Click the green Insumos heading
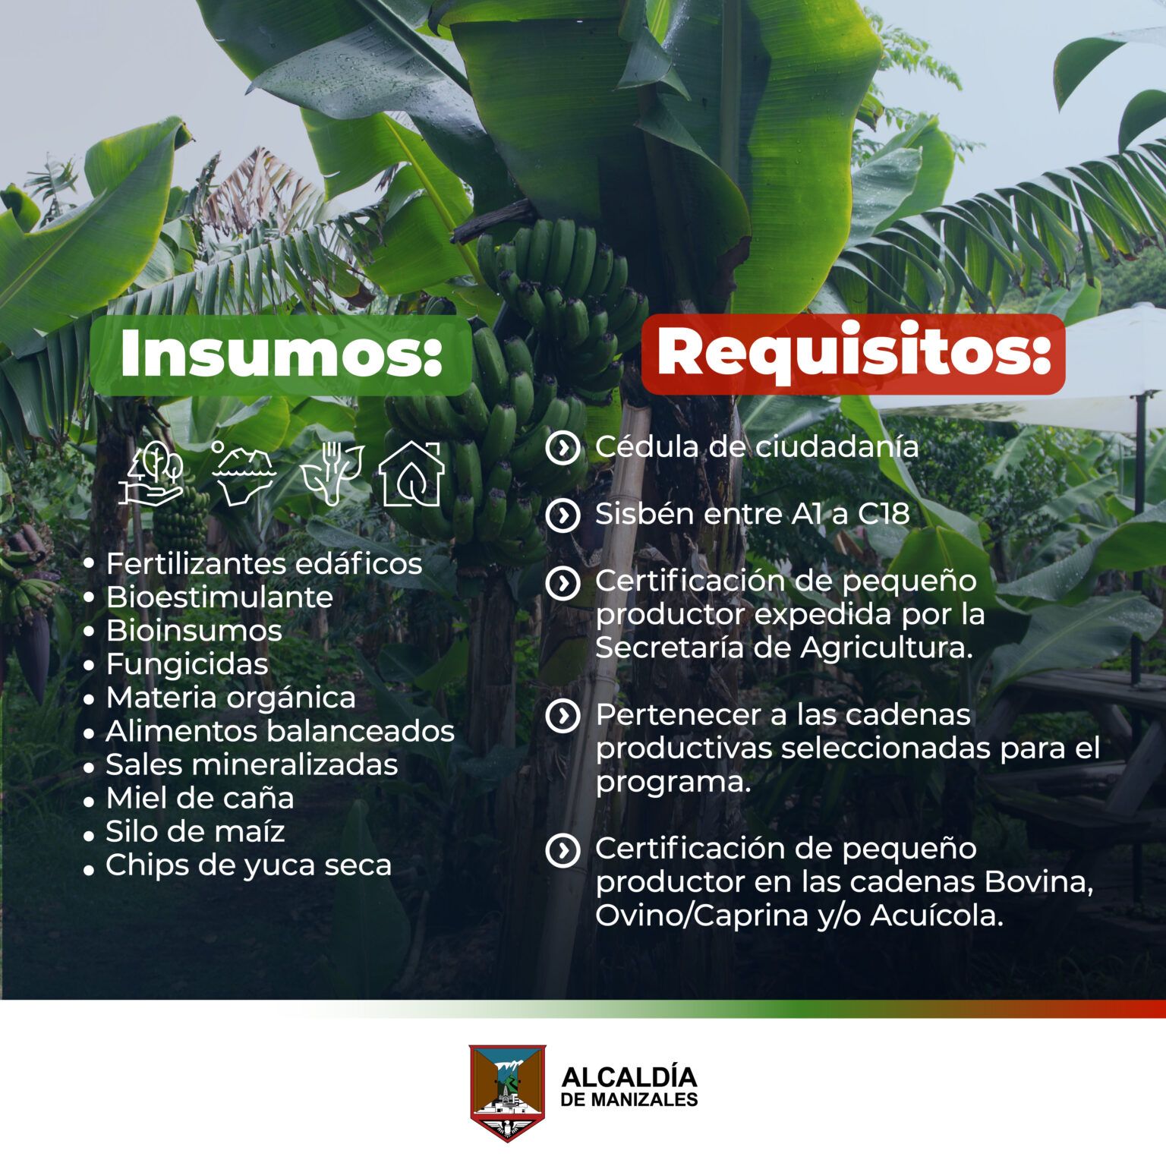[281, 355]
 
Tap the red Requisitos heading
[853, 354]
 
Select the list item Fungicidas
[187, 664]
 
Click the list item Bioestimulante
[219, 597]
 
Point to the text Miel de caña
[200, 798]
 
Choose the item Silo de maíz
[195, 831]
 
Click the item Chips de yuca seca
[248, 865]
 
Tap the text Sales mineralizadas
[251, 764]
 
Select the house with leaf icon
[411, 474]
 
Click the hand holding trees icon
[153, 474]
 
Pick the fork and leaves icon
[331, 474]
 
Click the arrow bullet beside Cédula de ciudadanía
[563, 448]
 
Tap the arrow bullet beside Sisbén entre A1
[563, 515]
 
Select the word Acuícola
[937, 915]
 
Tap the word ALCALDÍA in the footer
[629, 1077]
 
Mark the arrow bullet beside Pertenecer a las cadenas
[563, 716]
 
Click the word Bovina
[1038, 882]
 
